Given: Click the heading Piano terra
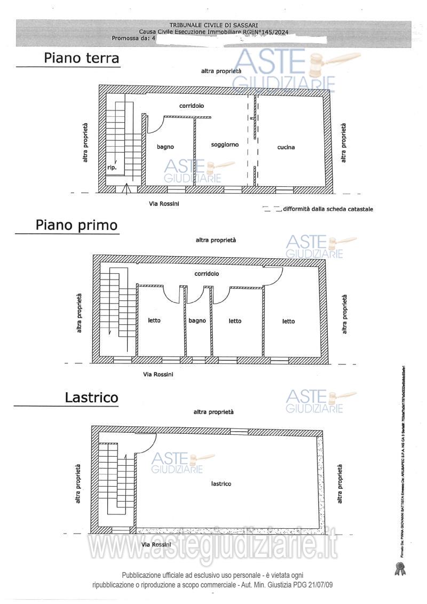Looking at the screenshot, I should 81,58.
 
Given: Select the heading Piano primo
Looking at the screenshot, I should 76,225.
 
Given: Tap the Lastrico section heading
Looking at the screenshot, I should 91,398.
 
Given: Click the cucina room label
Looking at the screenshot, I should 286,147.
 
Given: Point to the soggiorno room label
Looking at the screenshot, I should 225,145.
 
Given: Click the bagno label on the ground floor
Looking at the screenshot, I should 165,147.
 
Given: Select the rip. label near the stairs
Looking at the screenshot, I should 112,168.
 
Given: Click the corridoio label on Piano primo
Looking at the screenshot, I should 207,273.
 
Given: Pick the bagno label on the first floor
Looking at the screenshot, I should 197,321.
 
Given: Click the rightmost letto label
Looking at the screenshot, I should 288,321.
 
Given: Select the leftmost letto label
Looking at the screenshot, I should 154,321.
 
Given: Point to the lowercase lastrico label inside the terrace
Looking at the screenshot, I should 221,484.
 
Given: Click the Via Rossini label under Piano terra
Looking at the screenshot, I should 164,204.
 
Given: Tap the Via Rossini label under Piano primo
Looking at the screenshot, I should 158,375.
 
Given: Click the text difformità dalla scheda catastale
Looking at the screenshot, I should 328,209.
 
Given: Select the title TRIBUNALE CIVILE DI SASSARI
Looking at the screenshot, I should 213,25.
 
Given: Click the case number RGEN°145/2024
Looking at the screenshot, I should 265,32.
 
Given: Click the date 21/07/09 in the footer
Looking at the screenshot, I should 319,585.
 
